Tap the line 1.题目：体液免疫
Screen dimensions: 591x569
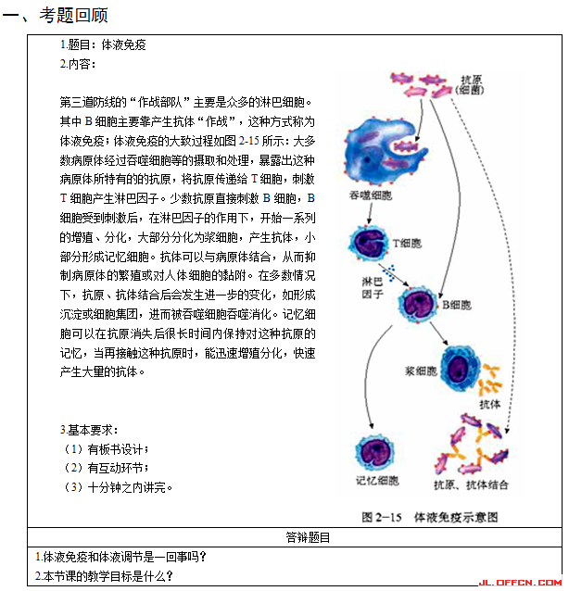coord(103,44)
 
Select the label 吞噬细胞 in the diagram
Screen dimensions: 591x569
coord(370,196)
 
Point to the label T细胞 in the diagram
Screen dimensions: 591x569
coord(406,243)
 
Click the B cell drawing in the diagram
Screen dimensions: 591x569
coord(418,303)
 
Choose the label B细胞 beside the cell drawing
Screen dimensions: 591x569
coord(455,304)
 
